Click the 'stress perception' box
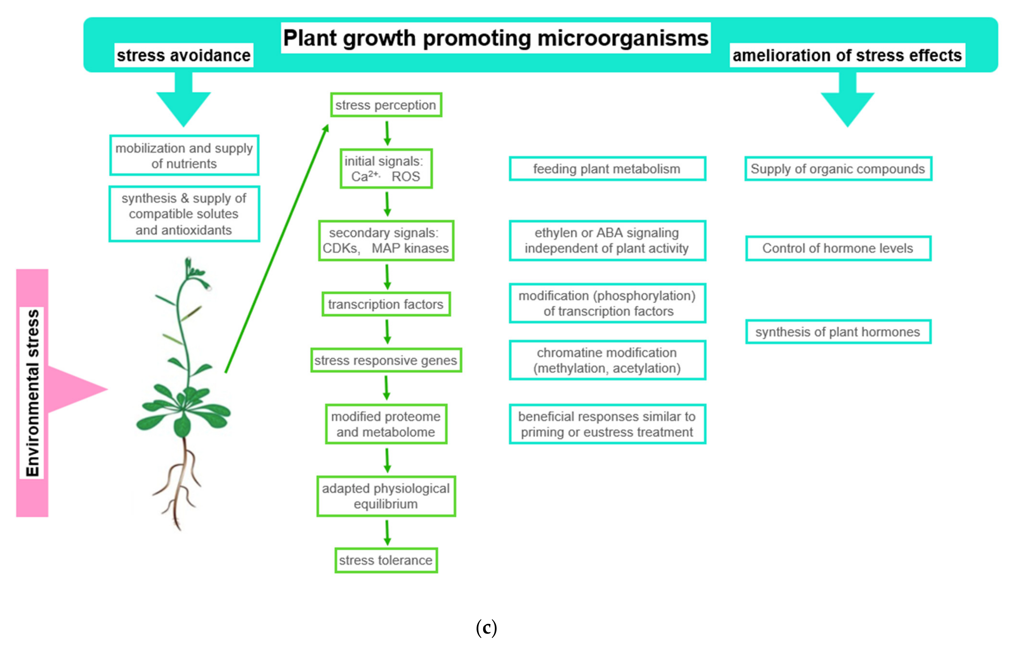pyautogui.click(x=386, y=105)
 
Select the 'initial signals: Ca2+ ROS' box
pyautogui.click(x=386, y=168)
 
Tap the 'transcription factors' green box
pyautogui.click(x=386, y=304)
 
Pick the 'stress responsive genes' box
pyautogui.click(x=386, y=360)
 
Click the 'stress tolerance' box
pyautogui.click(x=386, y=560)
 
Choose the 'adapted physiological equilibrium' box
pyautogui.click(x=386, y=496)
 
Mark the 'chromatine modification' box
pyautogui.click(x=607, y=360)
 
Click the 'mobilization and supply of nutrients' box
pyautogui.click(x=184, y=155)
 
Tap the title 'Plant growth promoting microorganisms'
pyautogui.click(x=495, y=38)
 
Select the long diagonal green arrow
pyautogui.click(x=276, y=249)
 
